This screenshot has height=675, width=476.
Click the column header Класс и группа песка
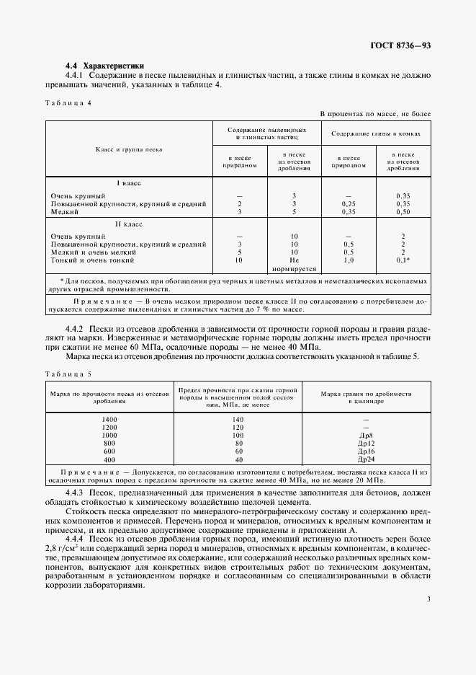129,149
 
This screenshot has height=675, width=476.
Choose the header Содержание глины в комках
376,133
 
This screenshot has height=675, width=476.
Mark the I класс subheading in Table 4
129,183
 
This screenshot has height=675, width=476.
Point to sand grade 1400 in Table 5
109,419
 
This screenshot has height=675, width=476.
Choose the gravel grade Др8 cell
366,436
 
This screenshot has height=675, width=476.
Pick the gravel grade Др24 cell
366,459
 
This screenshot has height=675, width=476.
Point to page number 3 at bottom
428,599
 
